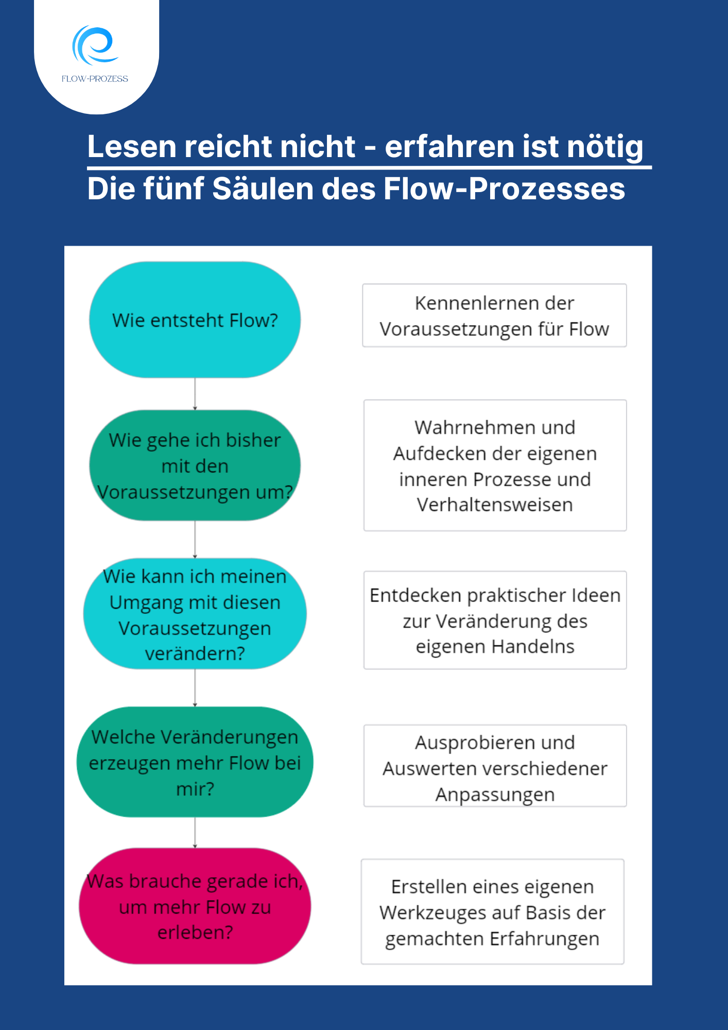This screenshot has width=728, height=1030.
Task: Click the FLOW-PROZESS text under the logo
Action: click(95, 79)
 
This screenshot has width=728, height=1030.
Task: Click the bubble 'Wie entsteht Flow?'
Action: click(195, 320)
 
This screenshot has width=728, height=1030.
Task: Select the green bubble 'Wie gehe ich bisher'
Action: click(195, 466)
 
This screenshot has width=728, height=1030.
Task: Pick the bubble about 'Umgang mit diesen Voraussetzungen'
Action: click(195, 614)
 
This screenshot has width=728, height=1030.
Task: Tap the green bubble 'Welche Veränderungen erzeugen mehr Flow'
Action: click(195, 762)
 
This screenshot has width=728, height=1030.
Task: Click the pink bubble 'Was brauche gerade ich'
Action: click(195, 906)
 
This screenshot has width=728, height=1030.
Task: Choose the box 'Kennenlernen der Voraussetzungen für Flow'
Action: click(494, 315)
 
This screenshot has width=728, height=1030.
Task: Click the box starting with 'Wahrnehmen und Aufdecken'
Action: click(495, 466)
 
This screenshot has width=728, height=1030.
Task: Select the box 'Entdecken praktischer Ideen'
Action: click(495, 620)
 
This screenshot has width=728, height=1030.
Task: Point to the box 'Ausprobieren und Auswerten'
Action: click(495, 766)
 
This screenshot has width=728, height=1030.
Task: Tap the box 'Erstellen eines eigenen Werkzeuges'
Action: click(492, 912)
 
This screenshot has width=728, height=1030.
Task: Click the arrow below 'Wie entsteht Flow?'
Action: click(195, 394)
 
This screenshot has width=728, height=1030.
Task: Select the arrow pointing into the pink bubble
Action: click(195, 832)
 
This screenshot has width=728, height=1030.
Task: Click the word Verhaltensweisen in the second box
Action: click(495, 505)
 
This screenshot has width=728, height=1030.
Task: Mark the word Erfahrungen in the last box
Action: click(544, 938)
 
